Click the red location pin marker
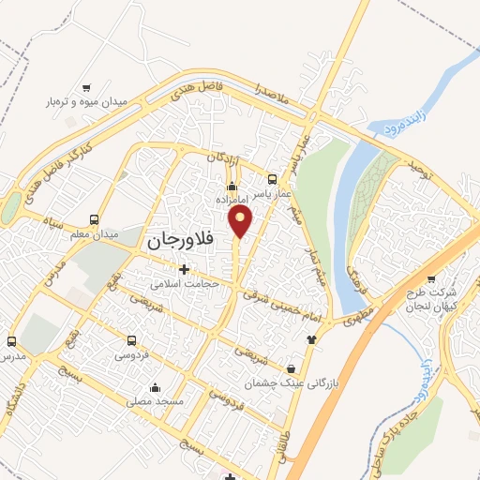tap(242, 221)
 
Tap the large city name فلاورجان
tap(181, 240)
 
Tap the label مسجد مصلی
tap(156, 401)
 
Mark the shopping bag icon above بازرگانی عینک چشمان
tap(292, 368)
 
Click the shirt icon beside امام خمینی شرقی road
tap(312, 338)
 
